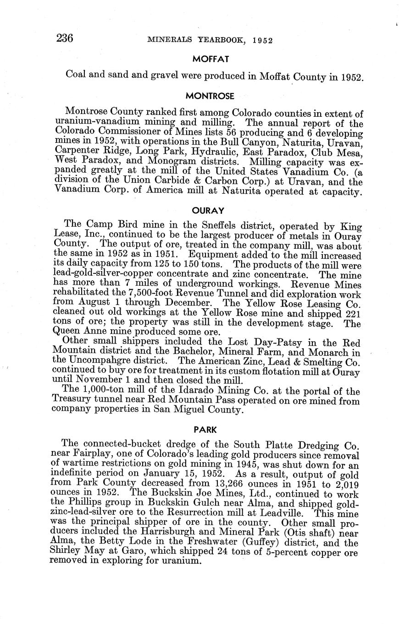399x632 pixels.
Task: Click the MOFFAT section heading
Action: click(x=211, y=59)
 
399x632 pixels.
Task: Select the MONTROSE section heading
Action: click(x=210, y=96)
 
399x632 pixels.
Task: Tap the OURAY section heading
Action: click(x=208, y=211)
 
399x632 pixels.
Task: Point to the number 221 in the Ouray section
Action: click(x=352, y=313)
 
